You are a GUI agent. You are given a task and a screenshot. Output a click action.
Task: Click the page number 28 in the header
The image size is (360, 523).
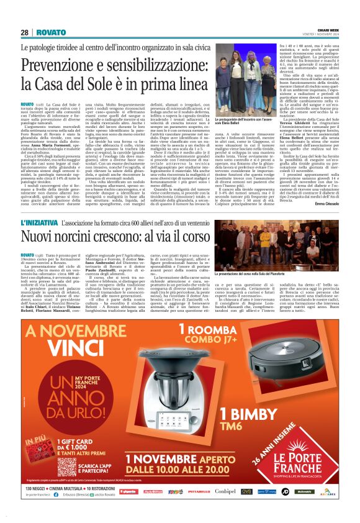(x=25, y=32)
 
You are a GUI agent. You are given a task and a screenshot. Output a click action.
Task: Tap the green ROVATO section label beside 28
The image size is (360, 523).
(x=51, y=32)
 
